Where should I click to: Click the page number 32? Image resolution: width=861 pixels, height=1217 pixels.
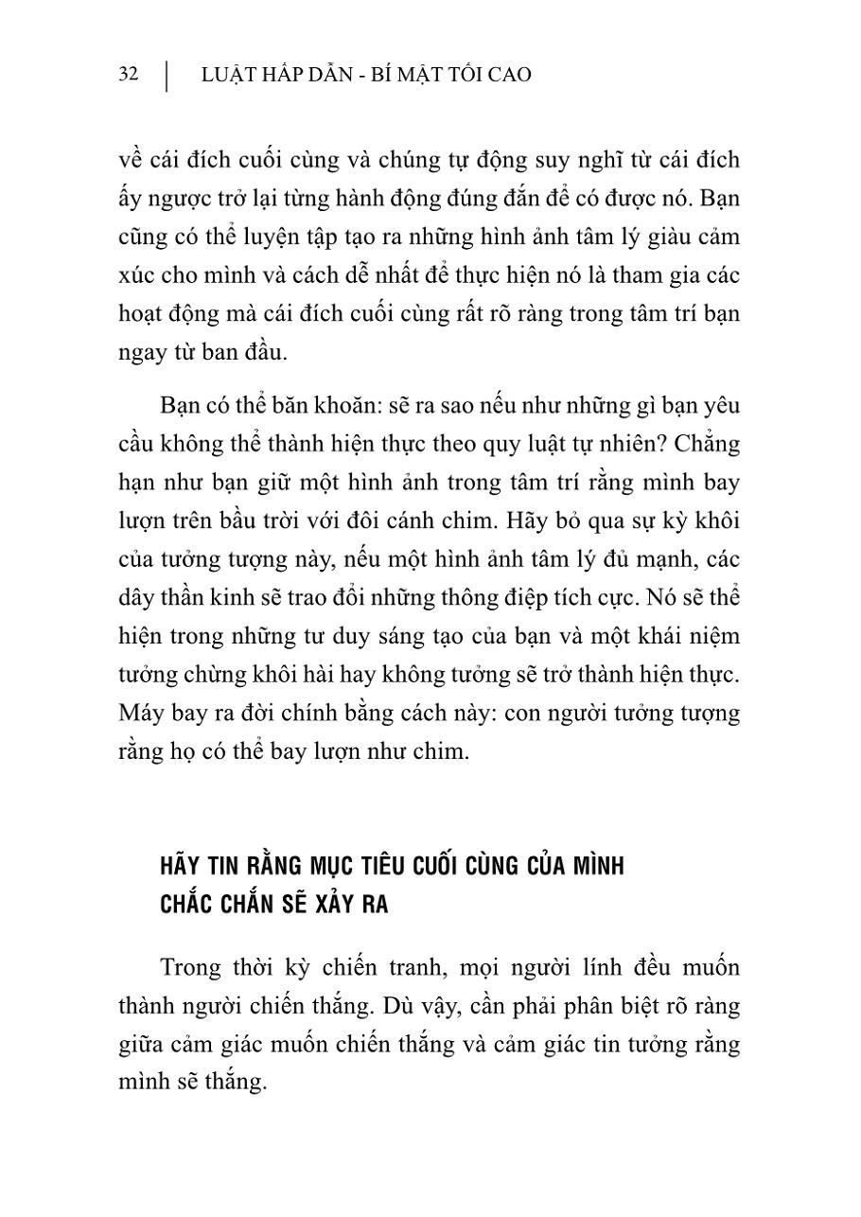(129, 75)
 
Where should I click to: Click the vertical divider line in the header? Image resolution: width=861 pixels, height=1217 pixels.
(167, 77)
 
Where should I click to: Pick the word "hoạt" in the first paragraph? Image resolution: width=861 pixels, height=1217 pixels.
(145, 314)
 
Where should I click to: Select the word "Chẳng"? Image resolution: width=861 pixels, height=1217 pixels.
(704, 443)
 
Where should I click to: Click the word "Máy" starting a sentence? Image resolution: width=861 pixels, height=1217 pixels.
(141, 714)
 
